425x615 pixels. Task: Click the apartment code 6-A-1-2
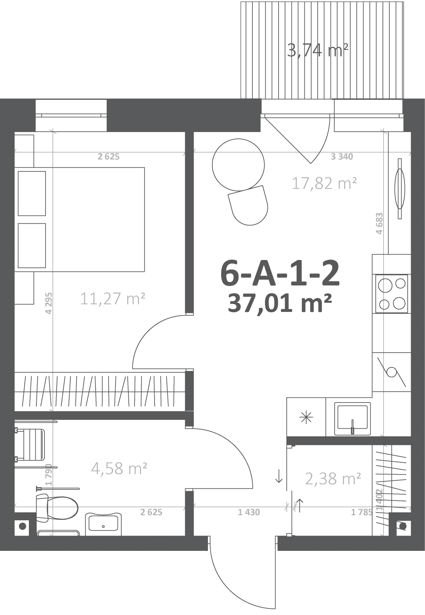(x=280, y=273)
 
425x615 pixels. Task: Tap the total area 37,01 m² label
(x=280, y=303)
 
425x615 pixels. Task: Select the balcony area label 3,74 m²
(x=318, y=51)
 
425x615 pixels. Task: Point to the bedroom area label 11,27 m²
(x=113, y=299)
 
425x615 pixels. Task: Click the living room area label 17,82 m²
(x=324, y=183)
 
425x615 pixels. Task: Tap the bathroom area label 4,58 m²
(x=119, y=468)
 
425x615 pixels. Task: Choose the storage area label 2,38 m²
(x=333, y=479)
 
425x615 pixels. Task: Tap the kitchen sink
(x=352, y=419)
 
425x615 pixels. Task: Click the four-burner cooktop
(x=392, y=294)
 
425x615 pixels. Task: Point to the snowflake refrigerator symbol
(x=306, y=417)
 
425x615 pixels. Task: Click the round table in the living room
(x=238, y=165)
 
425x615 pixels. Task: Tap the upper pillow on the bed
(x=32, y=193)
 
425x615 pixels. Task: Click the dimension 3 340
(x=342, y=156)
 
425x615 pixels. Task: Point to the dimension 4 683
(x=379, y=223)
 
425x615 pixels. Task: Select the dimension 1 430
(x=249, y=512)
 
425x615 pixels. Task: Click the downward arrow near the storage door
(x=279, y=476)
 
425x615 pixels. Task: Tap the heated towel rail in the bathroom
(x=30, y=445)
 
